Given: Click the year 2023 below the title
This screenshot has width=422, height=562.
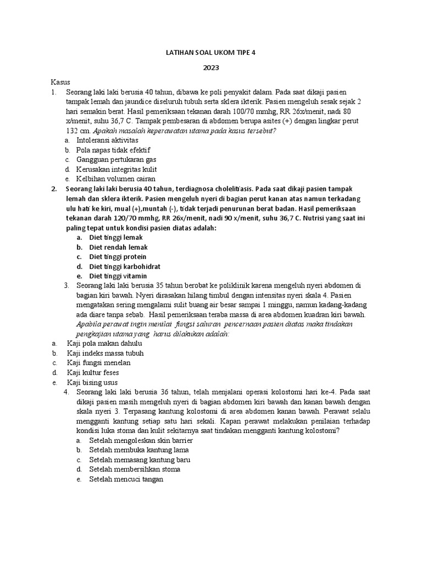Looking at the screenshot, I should pyautogui.click(x=211, y=68).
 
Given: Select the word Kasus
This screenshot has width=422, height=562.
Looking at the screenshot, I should pyautogui.click(x=61, y=81).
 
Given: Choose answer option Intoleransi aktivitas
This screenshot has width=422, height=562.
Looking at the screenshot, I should pyautogui.click(x=107, y=140).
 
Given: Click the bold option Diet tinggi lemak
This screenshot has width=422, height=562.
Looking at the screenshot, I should pyautogui.click(x=115, y=237).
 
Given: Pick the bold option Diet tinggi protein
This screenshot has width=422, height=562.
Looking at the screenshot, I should pyautogui.click(x=118, y=256).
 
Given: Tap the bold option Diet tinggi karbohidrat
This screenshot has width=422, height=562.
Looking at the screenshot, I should pyautogui.click(x=125, y=266).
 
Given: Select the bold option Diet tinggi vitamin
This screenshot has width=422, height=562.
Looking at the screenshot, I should pyautogui.click(x=118, y=276).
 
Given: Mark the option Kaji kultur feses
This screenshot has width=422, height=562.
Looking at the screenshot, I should pyautogui.click(x=93, y=373).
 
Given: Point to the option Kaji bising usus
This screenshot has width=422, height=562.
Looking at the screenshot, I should pyautogui.click(x=92, y=382).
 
